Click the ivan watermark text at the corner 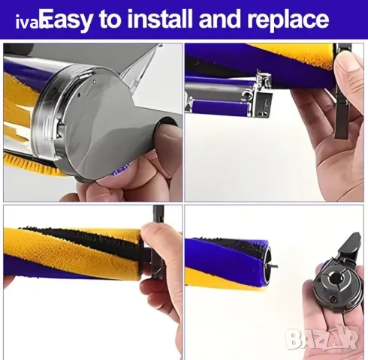click(x=26, y=22)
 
